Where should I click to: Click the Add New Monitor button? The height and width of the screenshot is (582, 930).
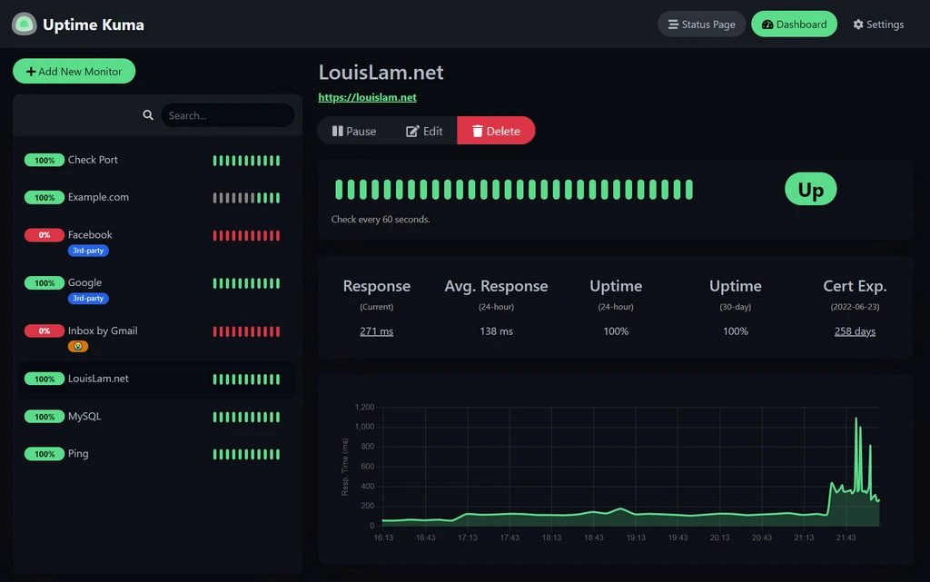74,72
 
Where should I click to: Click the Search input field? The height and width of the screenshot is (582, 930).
227,115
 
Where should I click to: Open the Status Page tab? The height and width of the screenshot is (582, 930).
701,25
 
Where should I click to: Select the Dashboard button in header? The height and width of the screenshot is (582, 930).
794,25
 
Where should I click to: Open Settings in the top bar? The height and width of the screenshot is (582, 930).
878,25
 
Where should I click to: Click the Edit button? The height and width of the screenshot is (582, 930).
424,131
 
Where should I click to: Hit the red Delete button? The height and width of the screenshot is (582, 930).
496,131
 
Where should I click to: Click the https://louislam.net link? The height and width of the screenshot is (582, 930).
367,97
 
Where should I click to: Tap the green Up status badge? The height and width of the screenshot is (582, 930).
810,189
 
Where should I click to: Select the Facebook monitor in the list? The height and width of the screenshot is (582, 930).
90,235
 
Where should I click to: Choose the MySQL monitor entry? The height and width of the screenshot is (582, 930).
84,417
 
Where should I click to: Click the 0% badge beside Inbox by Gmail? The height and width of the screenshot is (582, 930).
45,331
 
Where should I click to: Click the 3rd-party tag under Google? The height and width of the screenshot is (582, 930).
88,299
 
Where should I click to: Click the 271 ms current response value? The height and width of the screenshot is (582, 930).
376,331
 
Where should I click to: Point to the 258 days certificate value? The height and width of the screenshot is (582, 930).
855,331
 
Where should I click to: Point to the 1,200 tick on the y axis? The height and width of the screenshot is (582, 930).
363,407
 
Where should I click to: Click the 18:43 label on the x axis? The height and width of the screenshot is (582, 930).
593,538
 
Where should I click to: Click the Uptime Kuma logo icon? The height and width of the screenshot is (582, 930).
25,25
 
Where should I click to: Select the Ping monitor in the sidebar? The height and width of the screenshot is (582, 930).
78,454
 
